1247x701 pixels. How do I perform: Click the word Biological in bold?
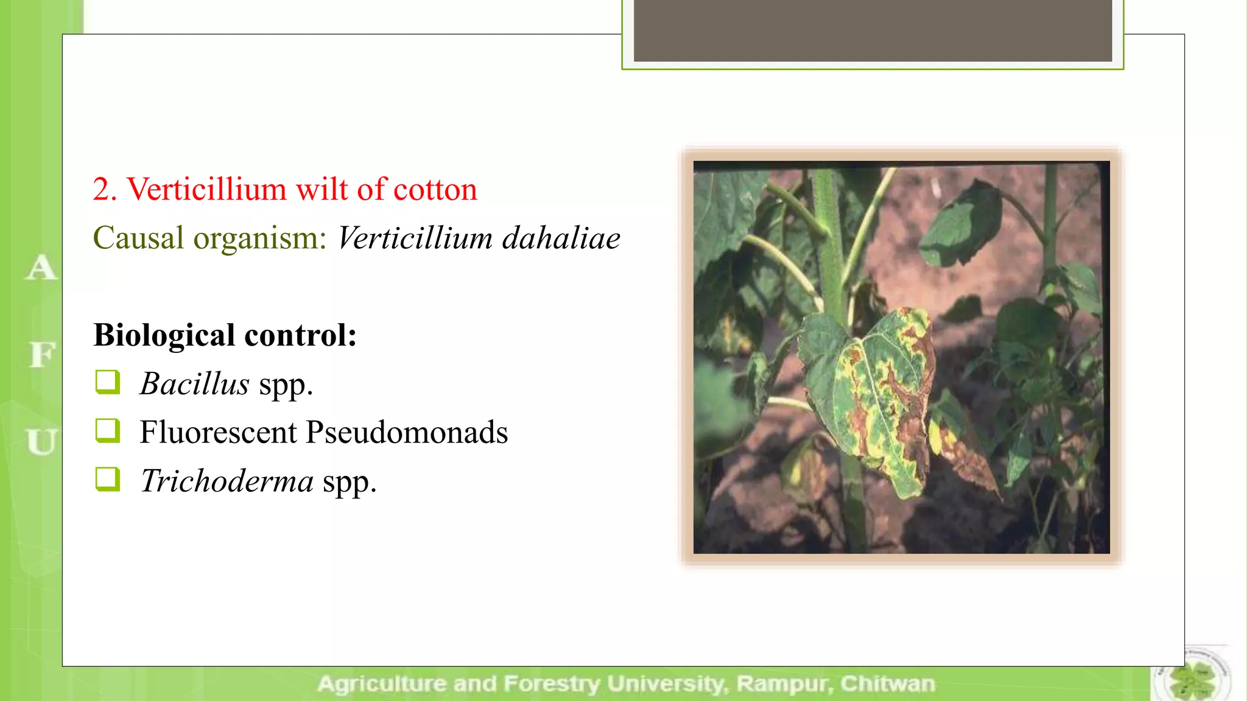click(x=164, y=335)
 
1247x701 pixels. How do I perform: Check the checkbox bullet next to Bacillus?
click(x=108, y=382)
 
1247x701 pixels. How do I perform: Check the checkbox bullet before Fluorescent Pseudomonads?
click(x=108, y=430)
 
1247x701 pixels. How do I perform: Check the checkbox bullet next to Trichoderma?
click(x=108, y=479)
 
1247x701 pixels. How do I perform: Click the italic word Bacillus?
click(x=194, y=384)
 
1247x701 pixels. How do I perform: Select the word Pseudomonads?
click(x=406, y=433)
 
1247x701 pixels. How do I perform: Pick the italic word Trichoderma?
click(x=227, y=481)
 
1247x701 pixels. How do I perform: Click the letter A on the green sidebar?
click(x=41, y=268)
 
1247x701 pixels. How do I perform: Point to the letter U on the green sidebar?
click(x=41, y=442)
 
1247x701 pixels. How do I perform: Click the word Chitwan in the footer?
click(x=887, y=684)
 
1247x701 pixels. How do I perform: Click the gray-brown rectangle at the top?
click(x=873, y=30)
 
